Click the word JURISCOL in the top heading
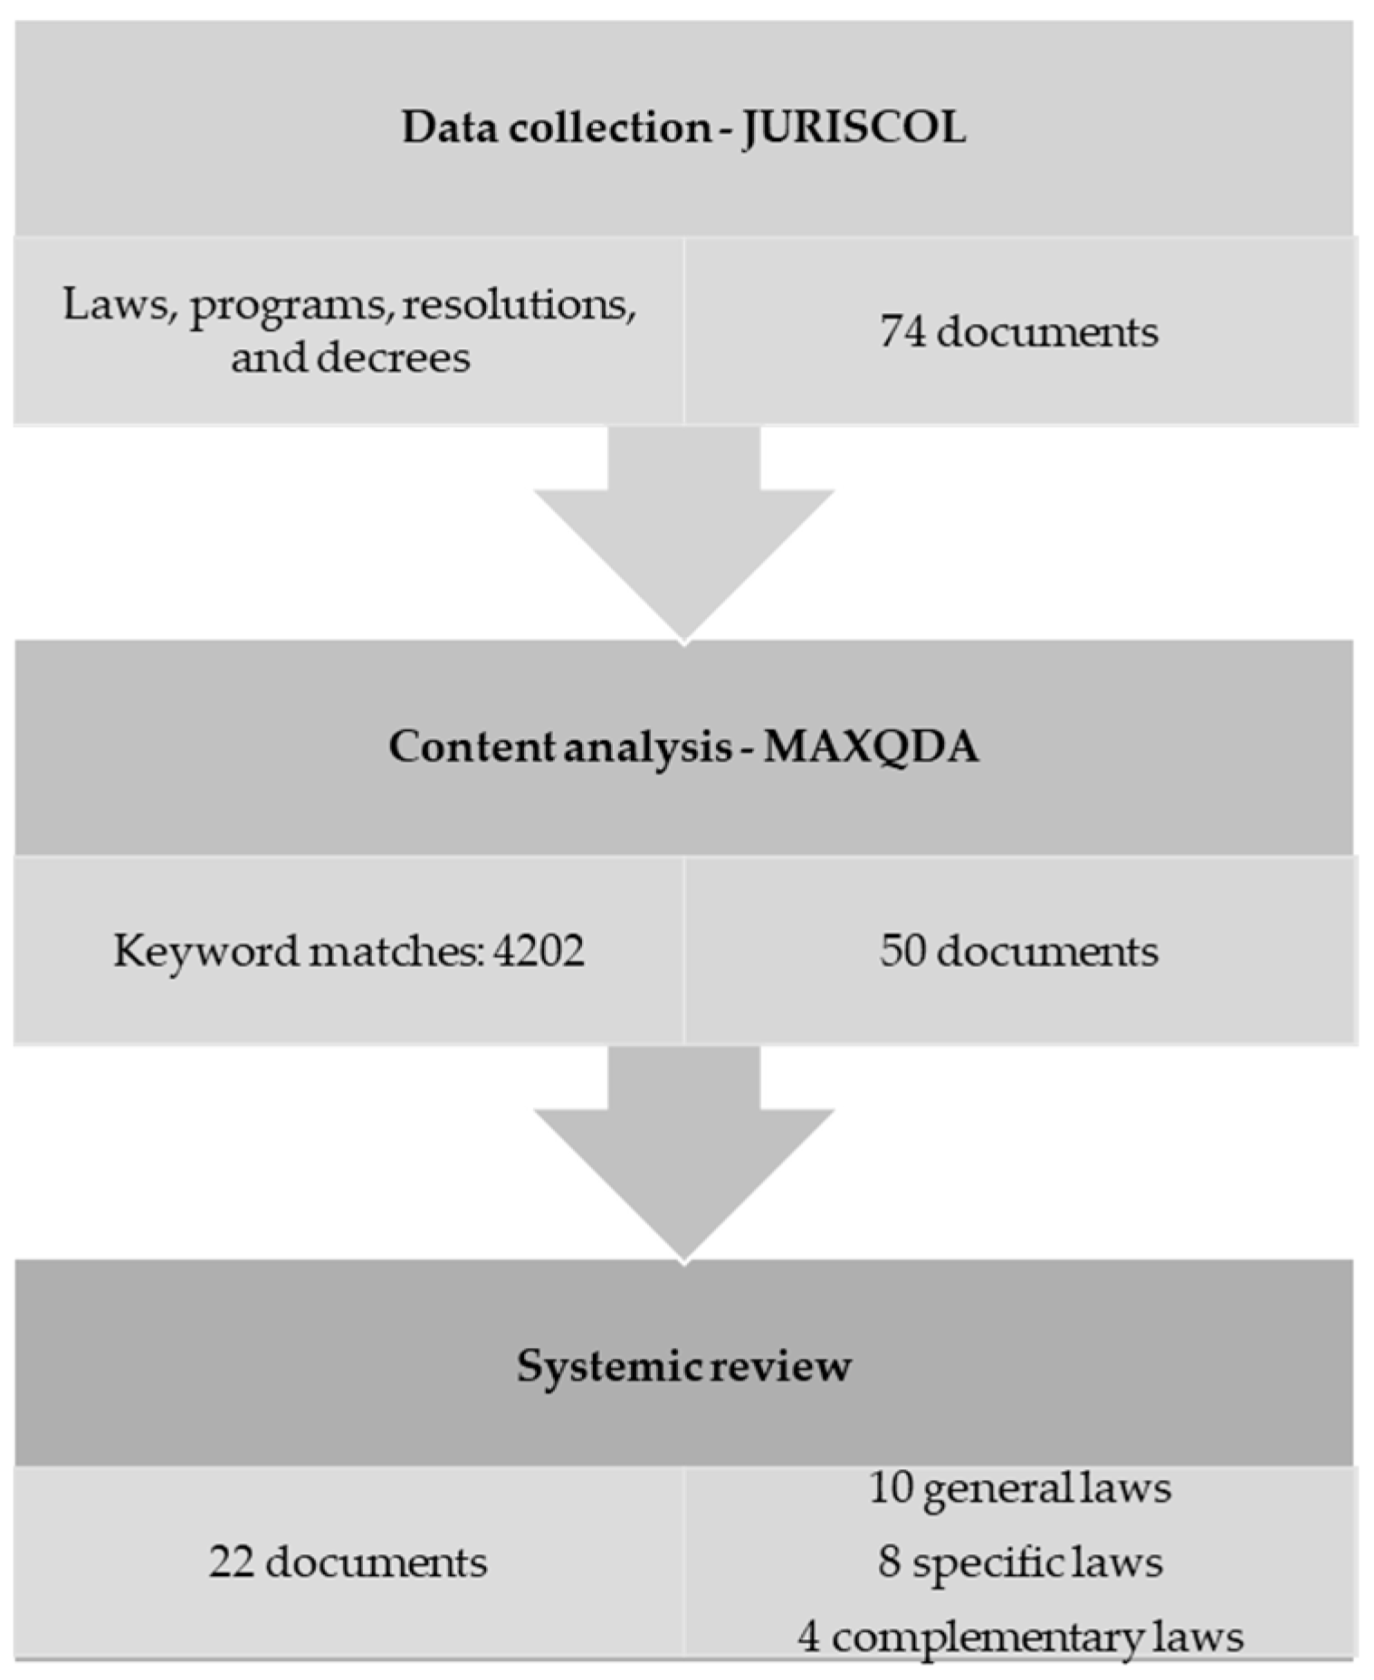(x=854, y=128)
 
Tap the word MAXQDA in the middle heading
(x=871, y=747)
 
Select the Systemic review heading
(x=683, y=1365)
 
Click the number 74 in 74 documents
(x=902, y=332)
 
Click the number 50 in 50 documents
(x=902, y=952)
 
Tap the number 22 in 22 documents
(x=231, y=1561)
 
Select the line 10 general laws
(x=1020, y=1488)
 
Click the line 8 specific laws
(x=1020, y=1561)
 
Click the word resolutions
(x=519, y=305)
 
